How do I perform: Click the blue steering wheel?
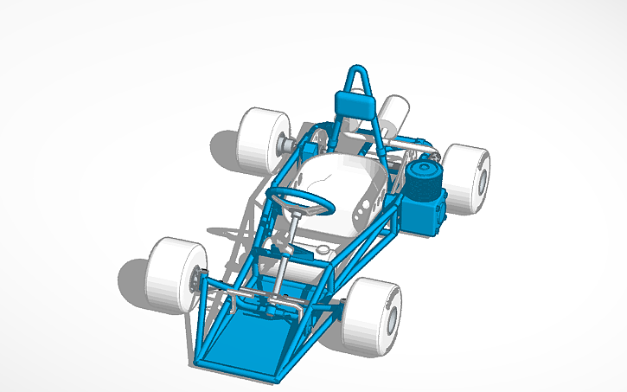pyautogui.click(x=298, y=200)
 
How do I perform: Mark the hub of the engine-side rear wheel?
pyautogui.click(x=481, y=181)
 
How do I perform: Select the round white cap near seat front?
pyautogui.click(x=324, y=249)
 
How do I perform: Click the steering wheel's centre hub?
pyautogui.click(x=299, y=200)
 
